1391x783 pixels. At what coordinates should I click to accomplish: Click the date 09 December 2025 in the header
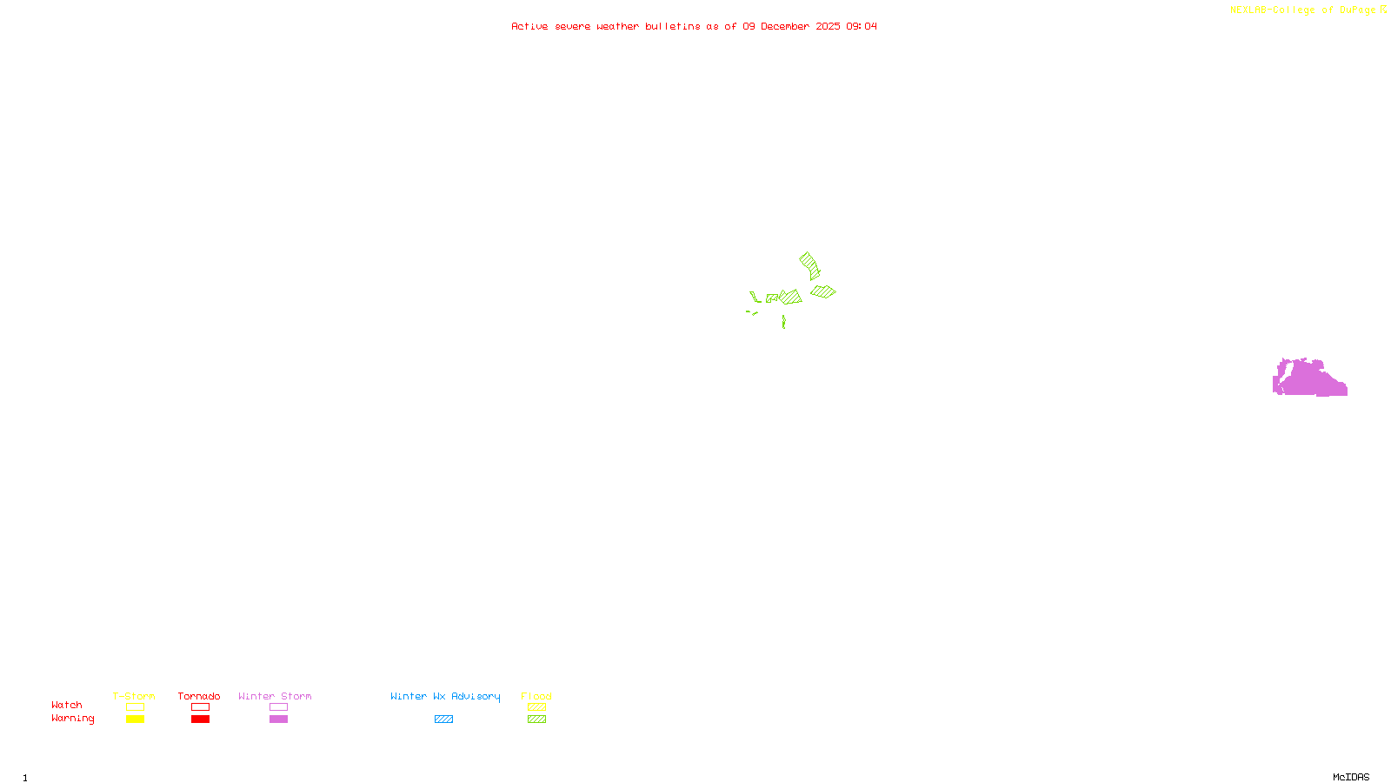791,26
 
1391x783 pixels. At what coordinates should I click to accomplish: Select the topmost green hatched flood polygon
809,264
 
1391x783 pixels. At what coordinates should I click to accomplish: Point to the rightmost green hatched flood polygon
822,291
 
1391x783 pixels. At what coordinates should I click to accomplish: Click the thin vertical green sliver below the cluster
783,322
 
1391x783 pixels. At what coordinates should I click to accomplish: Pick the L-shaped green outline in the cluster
755,298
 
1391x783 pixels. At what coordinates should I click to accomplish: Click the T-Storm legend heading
134,696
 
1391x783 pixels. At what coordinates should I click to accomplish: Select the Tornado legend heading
199,696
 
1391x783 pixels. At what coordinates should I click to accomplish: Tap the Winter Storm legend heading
275,696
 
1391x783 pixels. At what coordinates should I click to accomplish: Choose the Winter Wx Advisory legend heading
445,696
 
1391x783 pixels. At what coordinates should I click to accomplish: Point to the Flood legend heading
536,696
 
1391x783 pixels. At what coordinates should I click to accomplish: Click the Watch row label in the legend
67,705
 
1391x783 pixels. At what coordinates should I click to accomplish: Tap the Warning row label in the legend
72,719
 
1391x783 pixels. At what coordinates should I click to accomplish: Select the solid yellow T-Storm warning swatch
135,719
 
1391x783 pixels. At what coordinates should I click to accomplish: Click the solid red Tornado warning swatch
200,719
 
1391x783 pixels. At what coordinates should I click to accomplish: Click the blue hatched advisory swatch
443,719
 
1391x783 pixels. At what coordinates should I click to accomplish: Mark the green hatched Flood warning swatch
536,719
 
